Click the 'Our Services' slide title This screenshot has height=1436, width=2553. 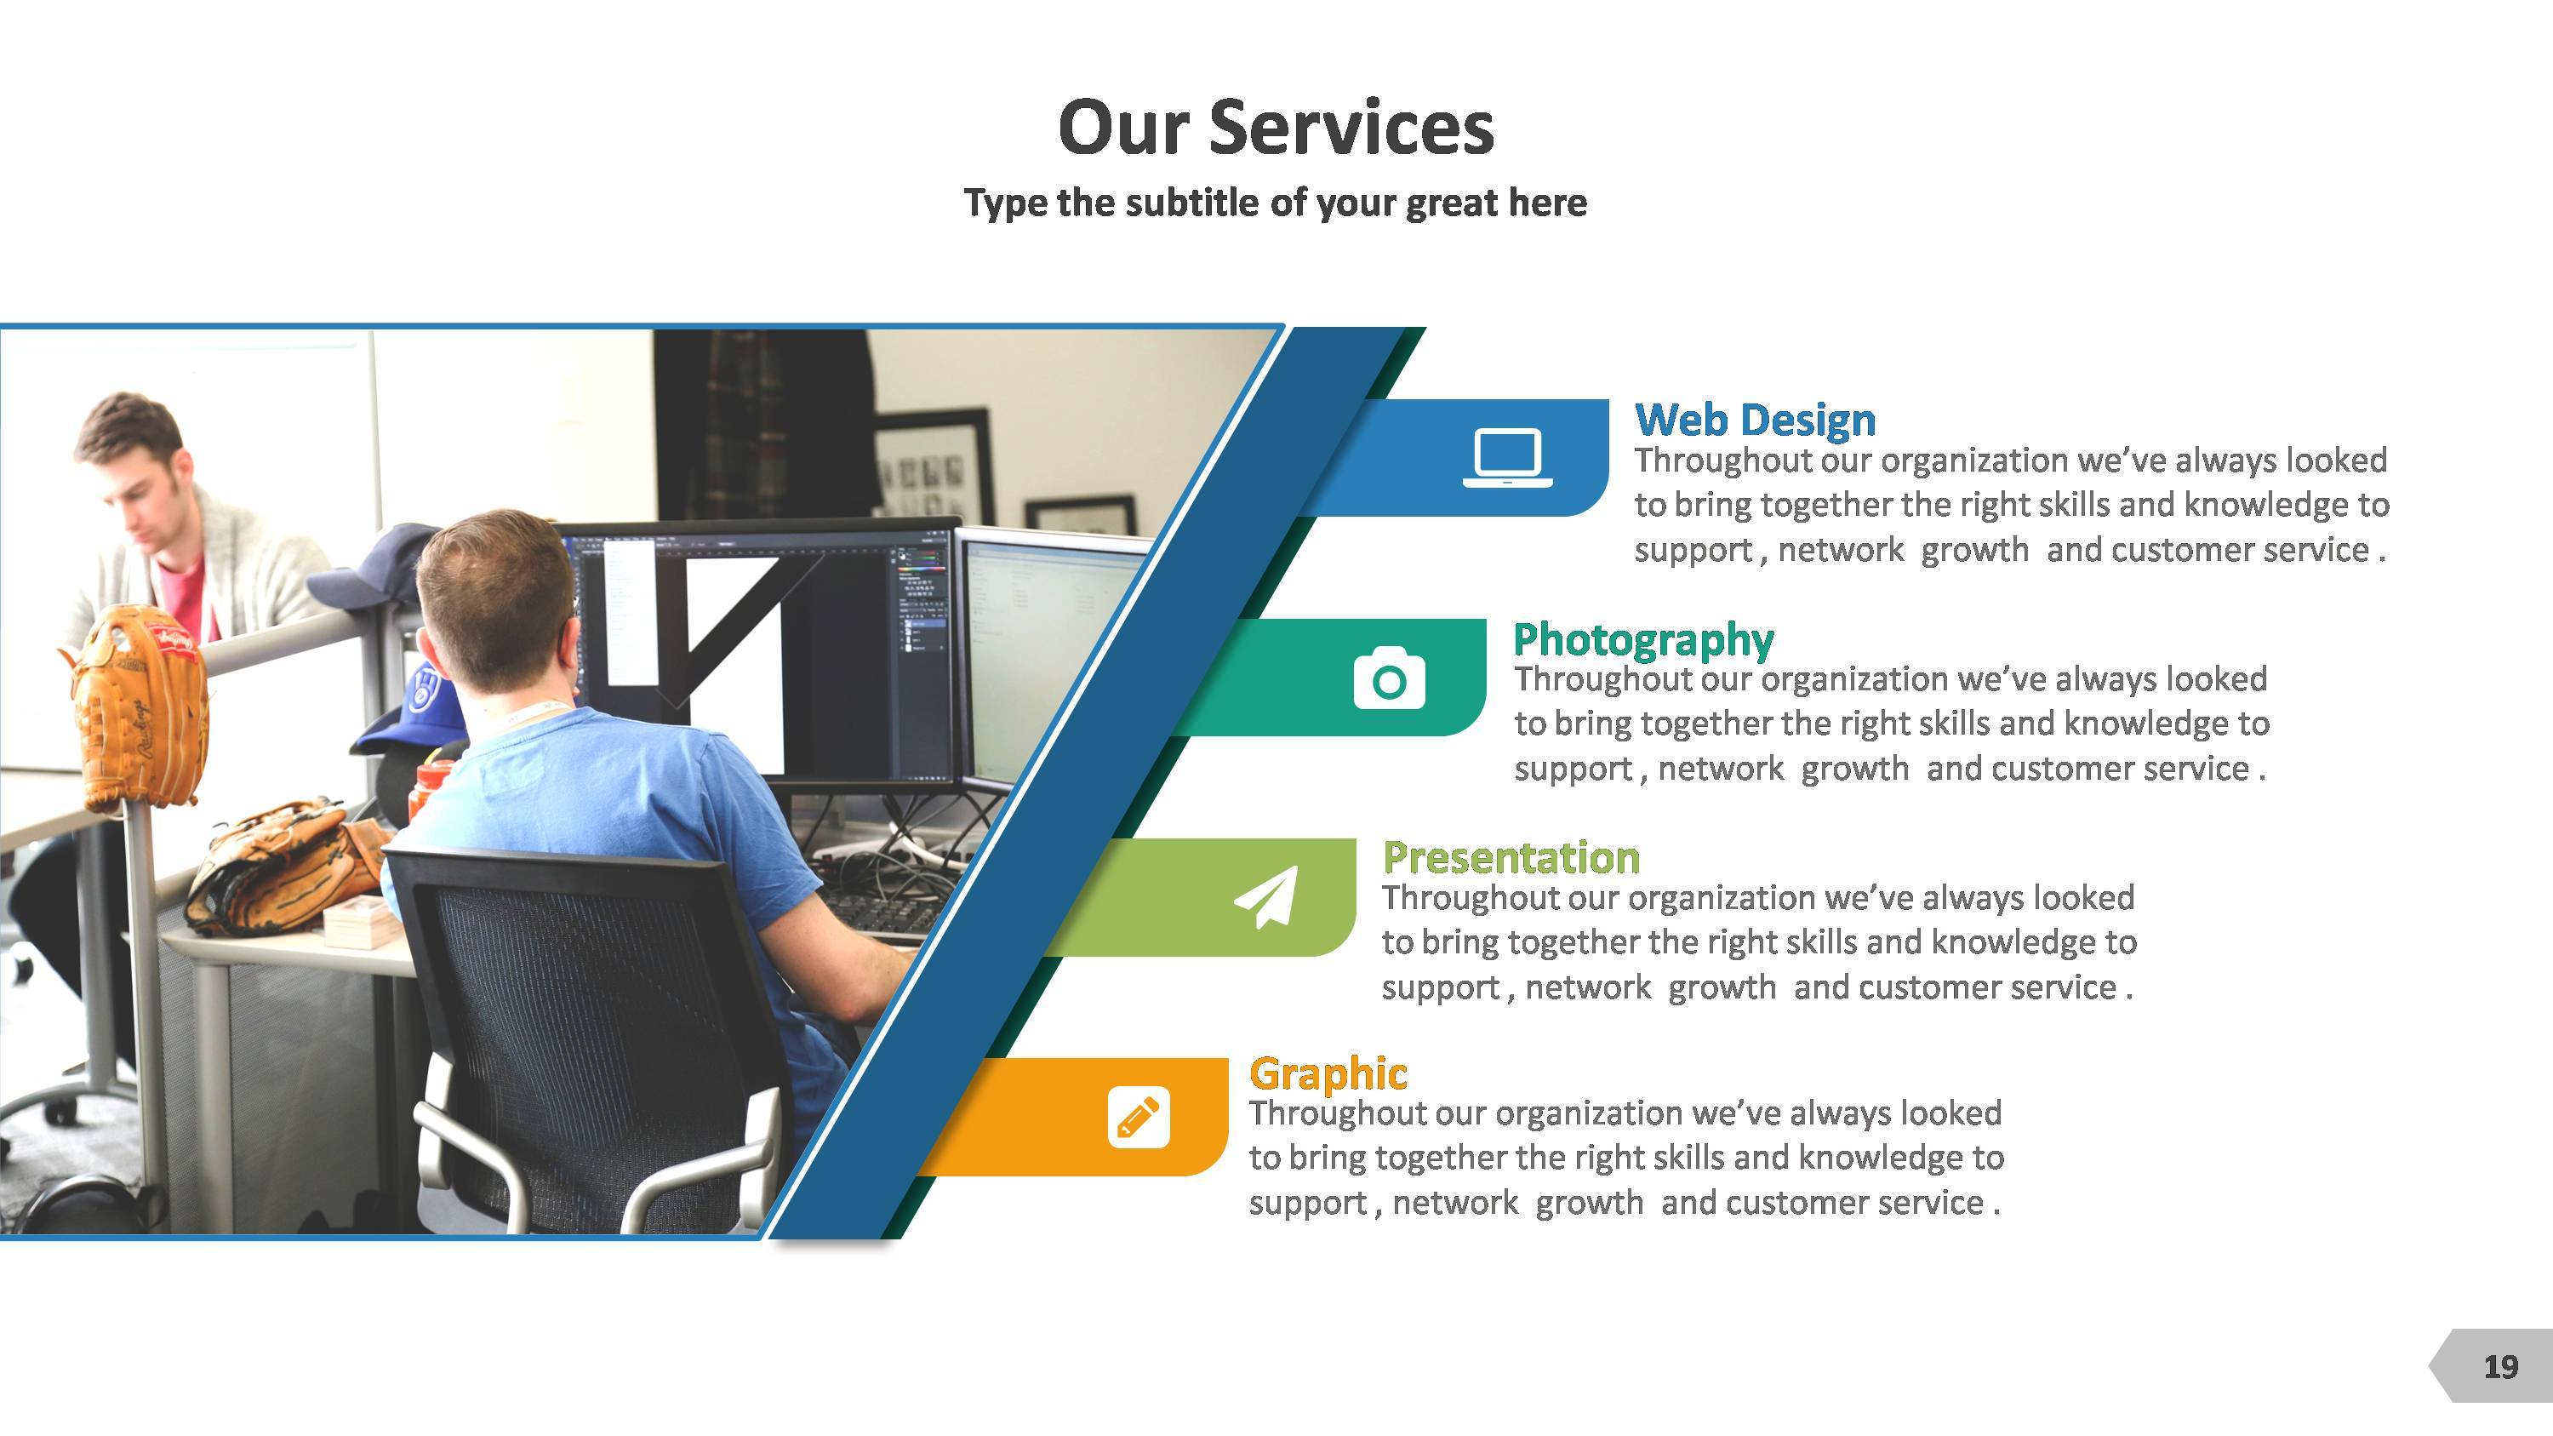(x=1276, y=128)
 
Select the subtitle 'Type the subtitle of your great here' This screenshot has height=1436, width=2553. (x=1276, y=203)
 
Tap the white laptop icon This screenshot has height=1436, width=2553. (x=1507, y=458)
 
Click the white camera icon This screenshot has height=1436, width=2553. (x=1390, y=678)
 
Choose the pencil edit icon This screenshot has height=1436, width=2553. (x=1139, y=1117)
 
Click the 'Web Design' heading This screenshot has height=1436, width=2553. (x=1755, y=421)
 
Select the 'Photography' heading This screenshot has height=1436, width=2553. (x=1643, y=640)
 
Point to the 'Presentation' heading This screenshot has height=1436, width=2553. (x=1511, y=857)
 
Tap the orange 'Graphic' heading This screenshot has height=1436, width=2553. (x=1328, y=1074)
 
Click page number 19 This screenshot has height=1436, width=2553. (x=2500, y=1368)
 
